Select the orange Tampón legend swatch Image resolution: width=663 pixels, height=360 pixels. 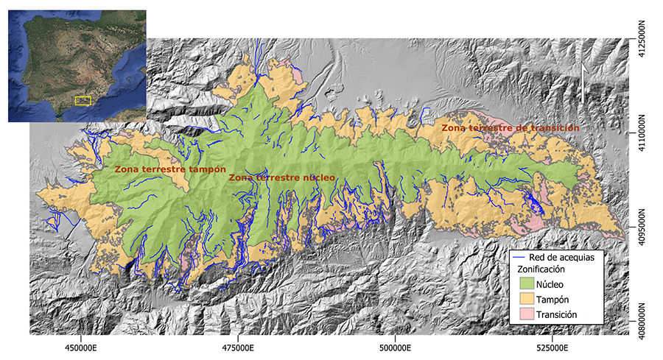click(524, 299)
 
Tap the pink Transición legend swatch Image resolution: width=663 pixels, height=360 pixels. click(524, 314)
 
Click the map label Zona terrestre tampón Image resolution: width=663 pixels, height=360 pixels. click(169, 169)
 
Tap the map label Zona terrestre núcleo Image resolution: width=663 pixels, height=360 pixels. click(281, 178)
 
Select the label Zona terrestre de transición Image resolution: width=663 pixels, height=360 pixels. click(510, 128)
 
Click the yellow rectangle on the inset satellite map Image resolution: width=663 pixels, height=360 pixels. click(82, 100)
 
